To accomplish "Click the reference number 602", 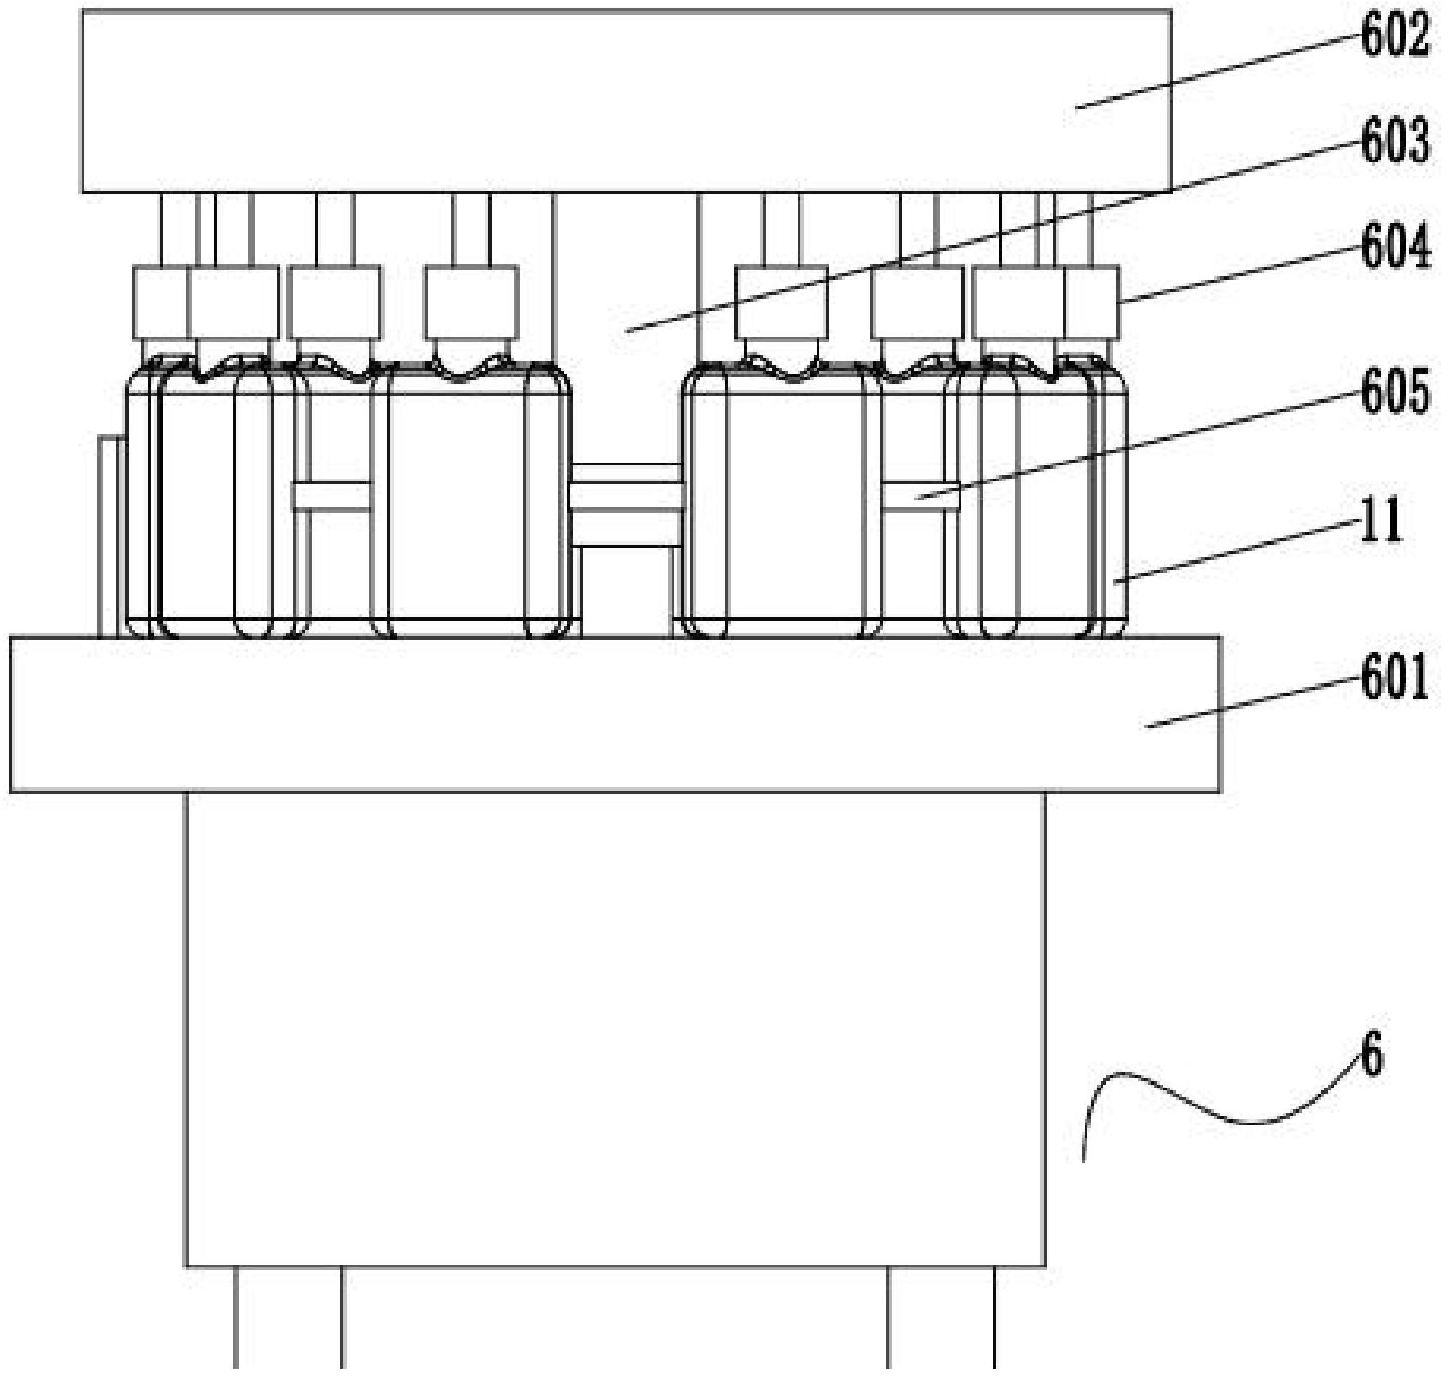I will tap(1394, 37).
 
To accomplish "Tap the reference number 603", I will tap(1394, 141).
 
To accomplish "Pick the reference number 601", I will tap(1394, 678).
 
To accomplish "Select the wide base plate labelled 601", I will tap(587, 715).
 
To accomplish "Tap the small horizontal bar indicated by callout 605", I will tap(920, 498).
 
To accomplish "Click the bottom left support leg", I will tap(288, 1320).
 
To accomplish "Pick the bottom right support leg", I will tap(940, 1320).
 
